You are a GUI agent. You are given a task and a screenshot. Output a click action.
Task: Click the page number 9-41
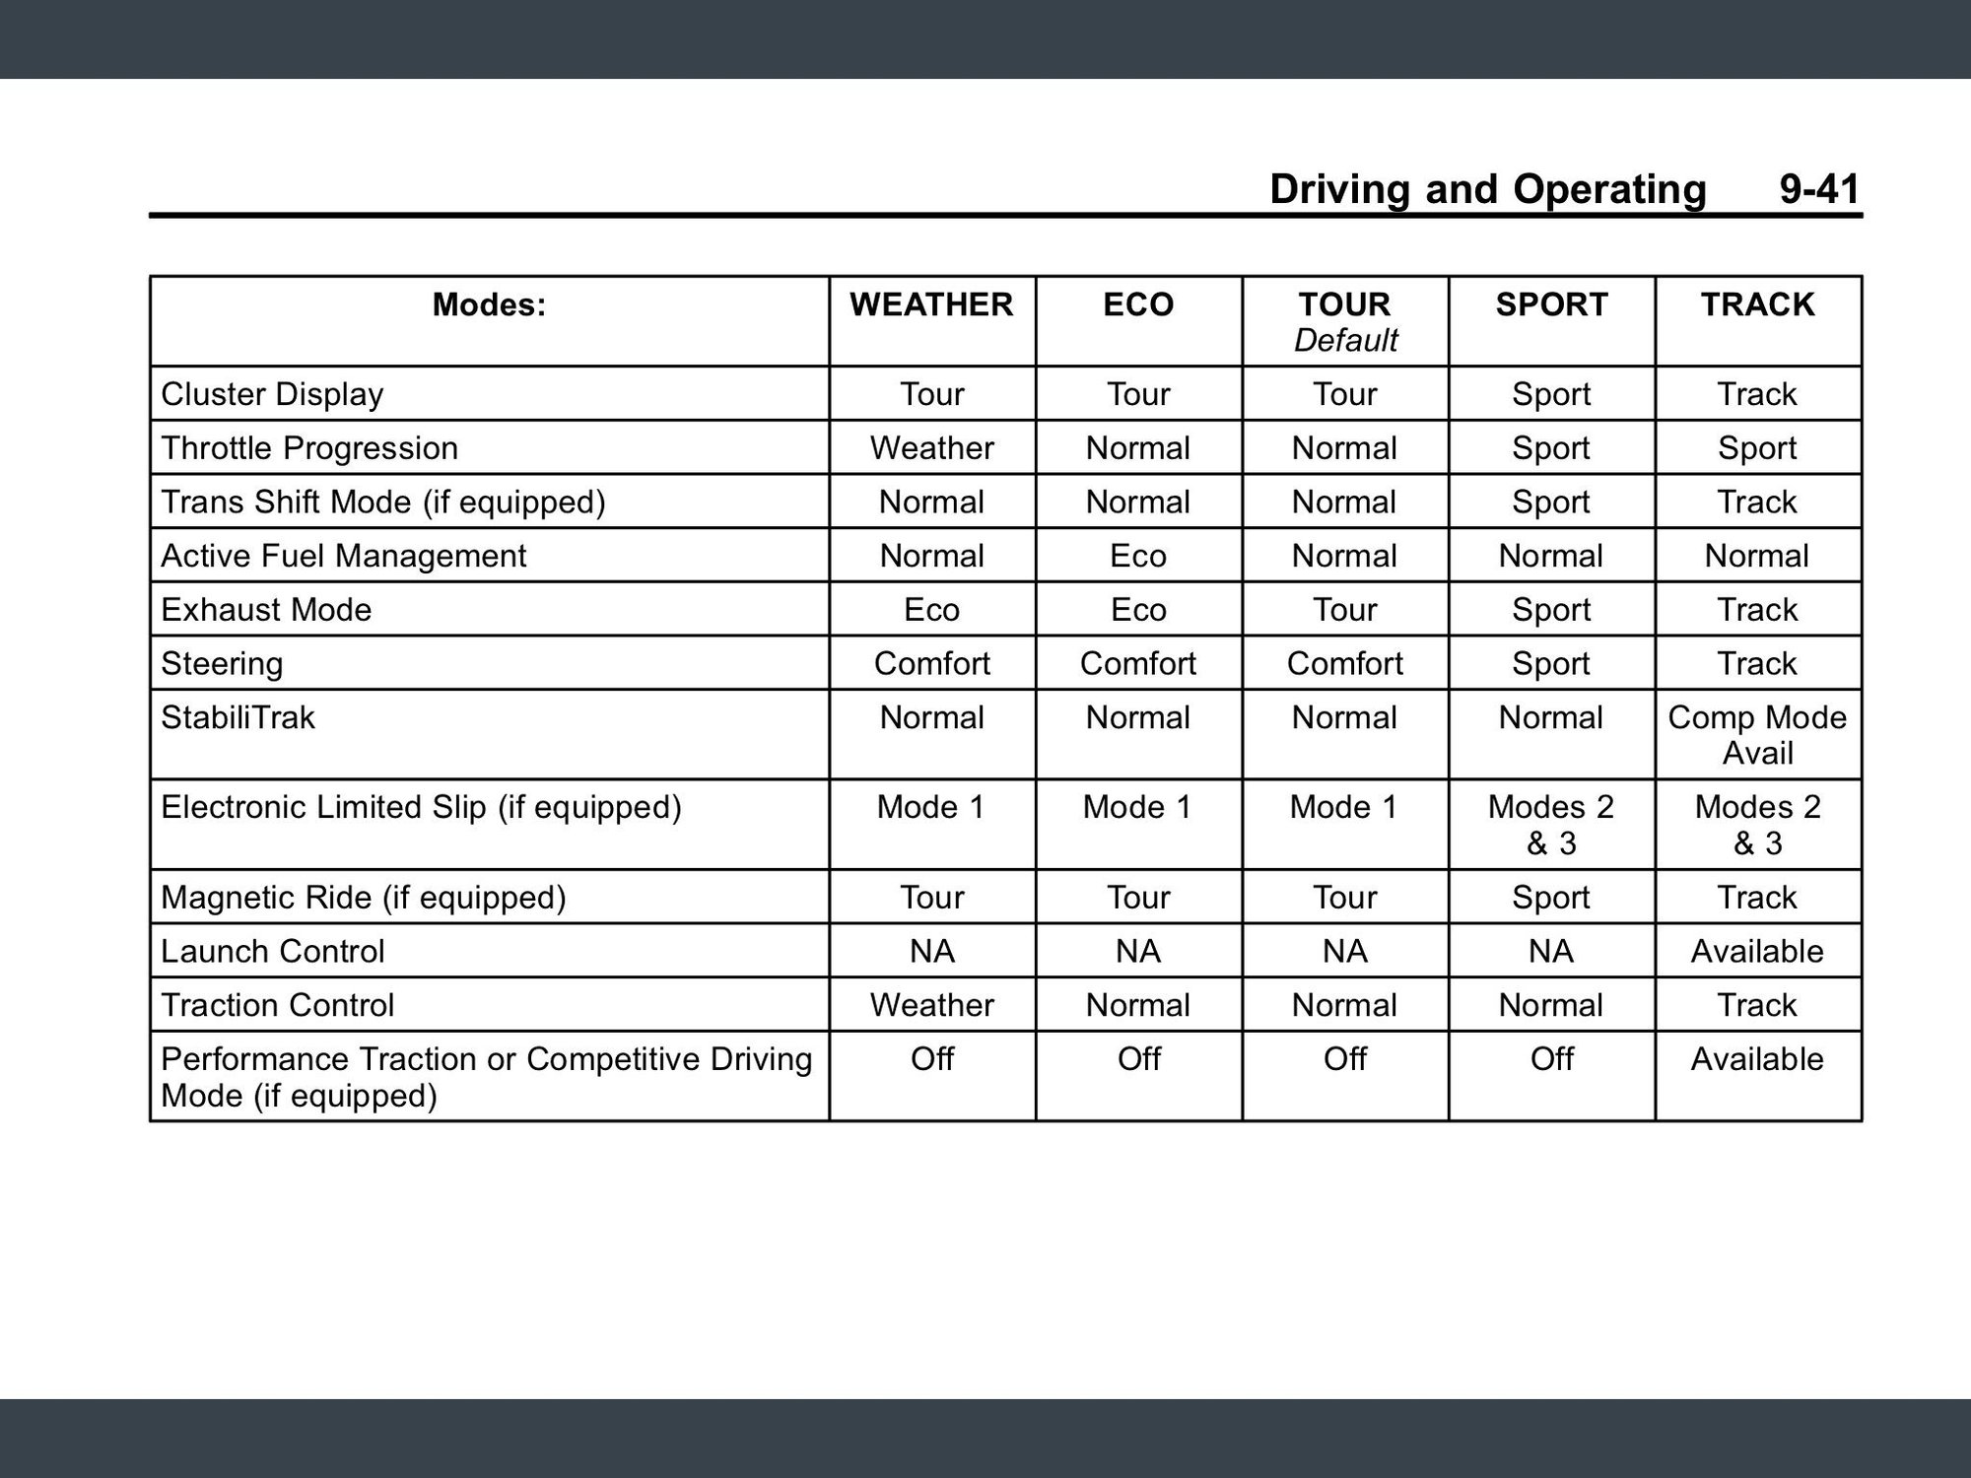click(1819, 189)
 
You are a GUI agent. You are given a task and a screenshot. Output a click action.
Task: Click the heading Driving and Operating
click(1487, 189)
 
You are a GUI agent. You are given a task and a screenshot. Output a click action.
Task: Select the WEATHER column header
click(931, 304)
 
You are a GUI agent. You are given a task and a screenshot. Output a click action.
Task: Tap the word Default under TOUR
click(1345, 341)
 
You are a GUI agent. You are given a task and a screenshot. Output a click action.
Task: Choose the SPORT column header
click(1551, 304)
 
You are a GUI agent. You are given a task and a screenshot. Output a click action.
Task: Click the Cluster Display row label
click(272, 394)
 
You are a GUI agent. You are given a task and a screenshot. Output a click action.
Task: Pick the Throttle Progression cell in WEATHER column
click(931, 448)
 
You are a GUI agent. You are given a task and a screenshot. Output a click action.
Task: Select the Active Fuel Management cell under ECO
click(1138, 556)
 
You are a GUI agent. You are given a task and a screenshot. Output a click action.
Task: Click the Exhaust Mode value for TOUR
click(1345, 610)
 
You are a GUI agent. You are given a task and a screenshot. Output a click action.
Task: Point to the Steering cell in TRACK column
click(1757, 663)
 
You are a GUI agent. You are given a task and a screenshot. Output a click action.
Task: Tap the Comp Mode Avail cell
click(1757, 735)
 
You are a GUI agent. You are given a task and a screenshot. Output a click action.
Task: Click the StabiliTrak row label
click(238, 717)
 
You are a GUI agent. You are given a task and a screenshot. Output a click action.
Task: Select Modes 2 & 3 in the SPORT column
click(1551, 825)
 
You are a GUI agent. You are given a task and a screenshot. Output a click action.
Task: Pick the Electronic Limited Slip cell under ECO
click(1138, 807)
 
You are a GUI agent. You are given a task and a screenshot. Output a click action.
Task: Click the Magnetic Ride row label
click(363, 898)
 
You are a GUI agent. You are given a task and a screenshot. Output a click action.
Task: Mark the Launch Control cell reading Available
click(1757, 951)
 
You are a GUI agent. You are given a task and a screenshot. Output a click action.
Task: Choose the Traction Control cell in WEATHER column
click(931, 1005)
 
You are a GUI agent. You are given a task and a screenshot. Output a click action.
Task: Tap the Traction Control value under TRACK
click(1757, 1005)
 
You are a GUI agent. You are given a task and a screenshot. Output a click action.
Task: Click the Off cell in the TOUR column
click(1345, 1059)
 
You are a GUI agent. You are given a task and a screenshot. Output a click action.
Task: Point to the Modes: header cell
click(489, 305)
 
